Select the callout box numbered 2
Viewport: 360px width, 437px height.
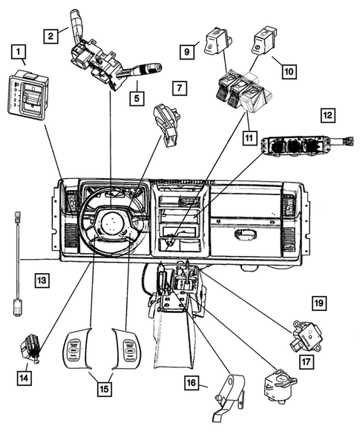pyautogui.click(x=50, y=35)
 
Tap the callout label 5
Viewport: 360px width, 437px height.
pyautogui.click(x=137, y=96)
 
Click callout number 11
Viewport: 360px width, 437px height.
pyautogui.click(x=251, y=138)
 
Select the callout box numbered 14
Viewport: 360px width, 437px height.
pyautogui.click(x=26, y=377)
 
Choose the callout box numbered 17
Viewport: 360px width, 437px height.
pyautogui.click(x=305, y=362)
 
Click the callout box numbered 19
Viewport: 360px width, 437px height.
pyautogui.click(x=319, y=303)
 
